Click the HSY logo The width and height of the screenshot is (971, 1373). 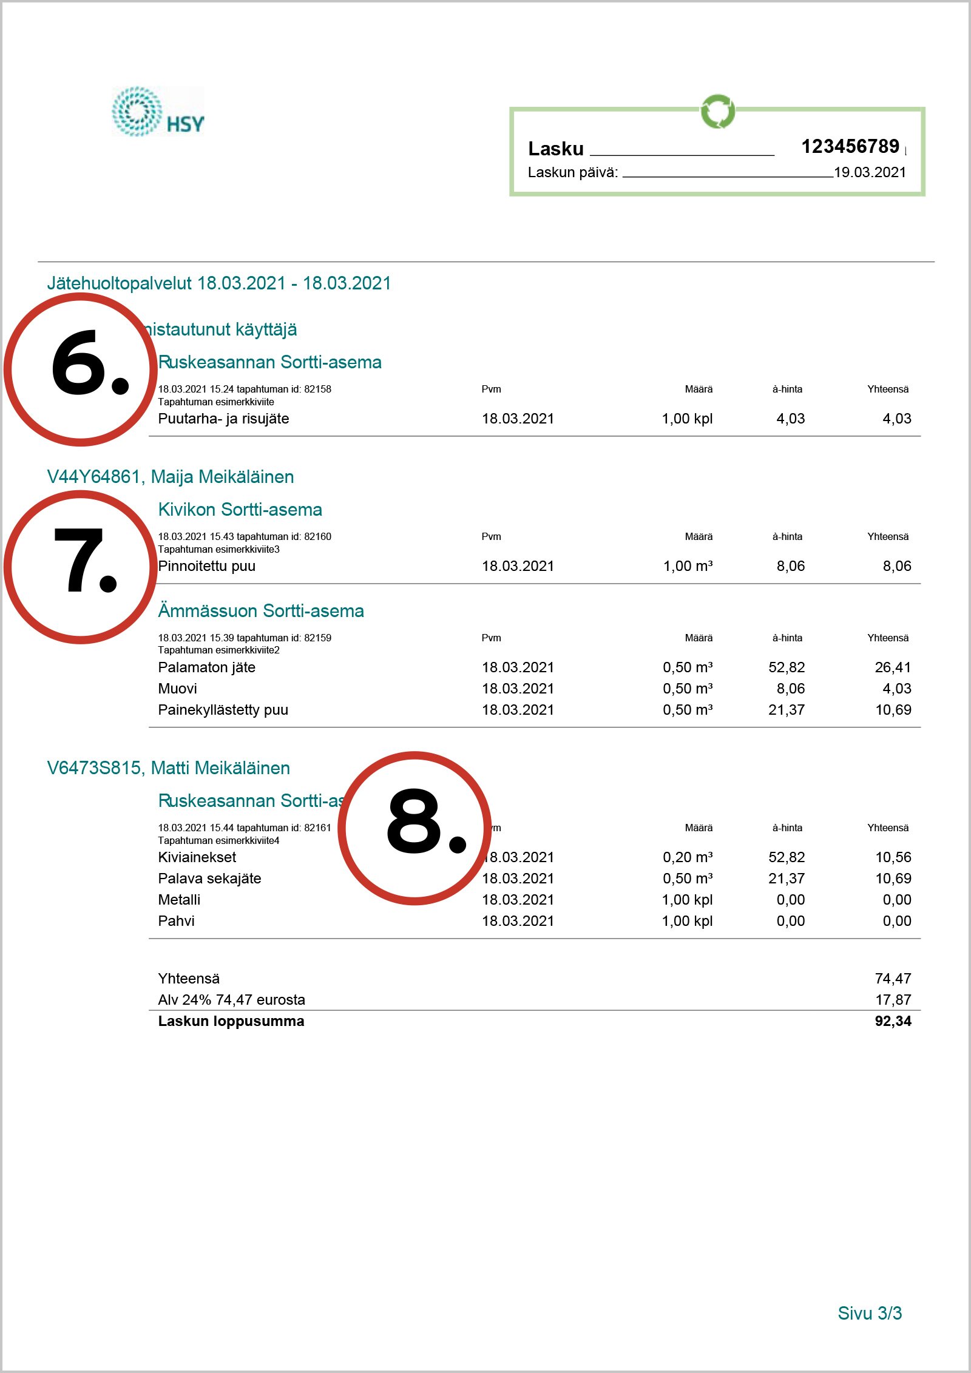pos(158,112)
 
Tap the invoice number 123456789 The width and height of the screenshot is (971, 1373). pos(850,146)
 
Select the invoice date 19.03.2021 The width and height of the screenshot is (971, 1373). pos(870,172)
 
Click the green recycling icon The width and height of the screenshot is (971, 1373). pos(718,111)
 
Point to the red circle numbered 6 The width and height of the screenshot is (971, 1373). pos(80,369)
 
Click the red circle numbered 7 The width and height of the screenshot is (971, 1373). pos(80,567)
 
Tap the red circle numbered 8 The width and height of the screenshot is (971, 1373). pos(414,828)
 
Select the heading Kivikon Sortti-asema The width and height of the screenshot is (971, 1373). pos(240,510)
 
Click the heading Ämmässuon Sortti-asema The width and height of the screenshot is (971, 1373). pos(261,611)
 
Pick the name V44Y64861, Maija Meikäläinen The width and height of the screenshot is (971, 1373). pos(170,477)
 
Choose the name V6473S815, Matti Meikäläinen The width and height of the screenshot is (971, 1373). pos(168,768)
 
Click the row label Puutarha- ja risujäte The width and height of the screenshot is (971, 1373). pos(223,419)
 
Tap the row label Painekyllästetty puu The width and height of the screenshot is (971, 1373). pos(223,710)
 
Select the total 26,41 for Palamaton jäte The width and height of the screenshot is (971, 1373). pos(893,667)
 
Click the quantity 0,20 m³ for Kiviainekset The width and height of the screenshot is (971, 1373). pos(687,857)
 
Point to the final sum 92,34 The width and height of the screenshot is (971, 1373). pos(893,1021)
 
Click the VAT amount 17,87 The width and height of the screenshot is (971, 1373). pos(893,1000)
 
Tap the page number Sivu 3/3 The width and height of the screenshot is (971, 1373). pos(869,1313)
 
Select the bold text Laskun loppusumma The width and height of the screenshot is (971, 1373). pos(231,1021)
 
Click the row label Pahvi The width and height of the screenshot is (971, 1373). pos(176,921)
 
